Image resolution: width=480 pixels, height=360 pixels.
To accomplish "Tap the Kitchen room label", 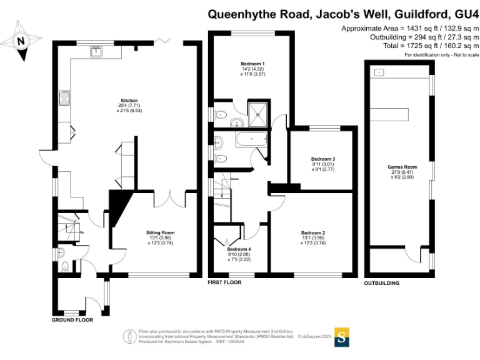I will [x=129, y=101].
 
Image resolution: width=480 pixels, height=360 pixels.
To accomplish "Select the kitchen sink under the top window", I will [x=97, y=52].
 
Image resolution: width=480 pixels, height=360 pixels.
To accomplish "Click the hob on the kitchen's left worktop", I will [x=64, y=97].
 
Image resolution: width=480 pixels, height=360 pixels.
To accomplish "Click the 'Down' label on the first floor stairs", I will [x=234, y=179].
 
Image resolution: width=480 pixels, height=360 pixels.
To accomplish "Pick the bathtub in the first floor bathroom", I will [x=251, y=139].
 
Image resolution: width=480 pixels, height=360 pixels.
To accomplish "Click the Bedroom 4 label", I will [x=239, y=248].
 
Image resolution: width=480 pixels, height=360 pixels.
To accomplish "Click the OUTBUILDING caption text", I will [x=381, y=283].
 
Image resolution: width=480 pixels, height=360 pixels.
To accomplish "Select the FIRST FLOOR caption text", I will [x=224, y=282].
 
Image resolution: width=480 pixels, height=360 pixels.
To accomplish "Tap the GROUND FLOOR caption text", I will [x=72, y=319].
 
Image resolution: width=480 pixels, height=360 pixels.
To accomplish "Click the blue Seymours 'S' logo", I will [x=342, y=336].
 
